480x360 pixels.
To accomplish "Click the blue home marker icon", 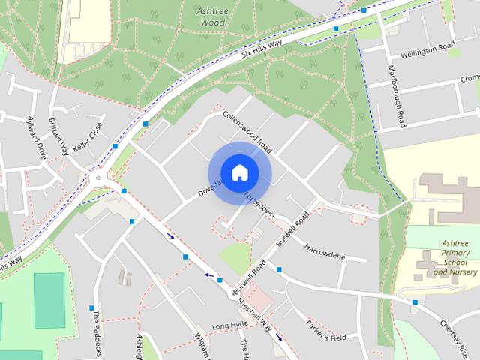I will (238, 172).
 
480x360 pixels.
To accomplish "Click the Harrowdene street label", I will (325, 252).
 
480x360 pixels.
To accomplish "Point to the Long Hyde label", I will (229, 325).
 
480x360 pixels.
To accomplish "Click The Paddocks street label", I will (97, 334).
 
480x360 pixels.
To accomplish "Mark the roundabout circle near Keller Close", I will (97, 178).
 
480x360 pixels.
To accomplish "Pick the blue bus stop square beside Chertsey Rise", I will (415, 302).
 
